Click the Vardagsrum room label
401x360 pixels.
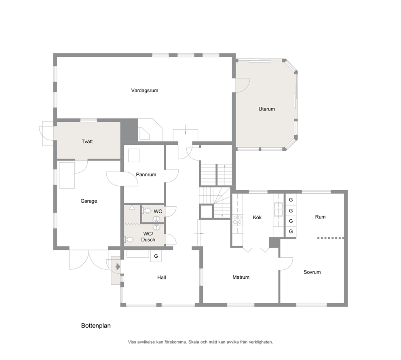click(144, 90)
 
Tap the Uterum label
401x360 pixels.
click(266, 109)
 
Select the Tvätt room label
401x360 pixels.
click(87, 142)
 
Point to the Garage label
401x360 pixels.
click(89, 201)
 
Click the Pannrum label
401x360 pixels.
click(146, 174)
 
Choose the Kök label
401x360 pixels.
click(257, 218)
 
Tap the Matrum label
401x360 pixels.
click(241, 277)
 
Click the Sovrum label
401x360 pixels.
click(312, 272)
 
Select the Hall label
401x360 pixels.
click(162, 277)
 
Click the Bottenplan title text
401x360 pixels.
click(96, 326)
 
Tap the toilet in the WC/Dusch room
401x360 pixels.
click(129, 240)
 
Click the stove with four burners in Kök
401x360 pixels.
click(238, 220)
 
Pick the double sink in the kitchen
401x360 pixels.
click(278, 209)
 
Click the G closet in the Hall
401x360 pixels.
click(156, 256)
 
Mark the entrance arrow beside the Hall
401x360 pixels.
click(117, 267)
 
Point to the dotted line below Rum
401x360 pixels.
click(331, 238)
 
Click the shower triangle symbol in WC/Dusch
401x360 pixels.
click(132, 207)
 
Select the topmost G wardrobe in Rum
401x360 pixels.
click(291, 199)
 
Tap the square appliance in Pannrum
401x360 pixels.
click(134, 155)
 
